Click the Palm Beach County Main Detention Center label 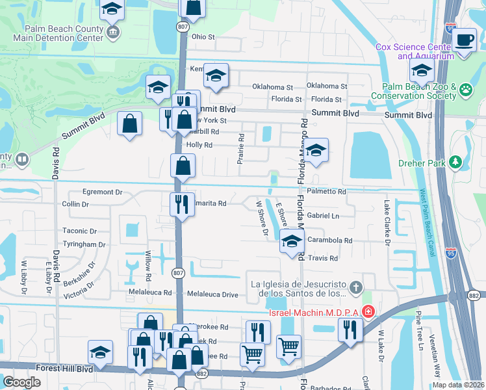click(64, 33)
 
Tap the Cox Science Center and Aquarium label click(415, 51)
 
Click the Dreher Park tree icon click(455, 161)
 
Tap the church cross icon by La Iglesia click(355, 287)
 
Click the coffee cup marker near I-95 click(464, 40)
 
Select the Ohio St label click(203, 37)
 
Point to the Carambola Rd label click(329, 240)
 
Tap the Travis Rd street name click(323, 258)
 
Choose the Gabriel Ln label click(323, 215)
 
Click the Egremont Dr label click(102, 192)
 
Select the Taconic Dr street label click(79, 231)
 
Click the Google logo click(22, 382)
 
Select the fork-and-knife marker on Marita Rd click(181, 203)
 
